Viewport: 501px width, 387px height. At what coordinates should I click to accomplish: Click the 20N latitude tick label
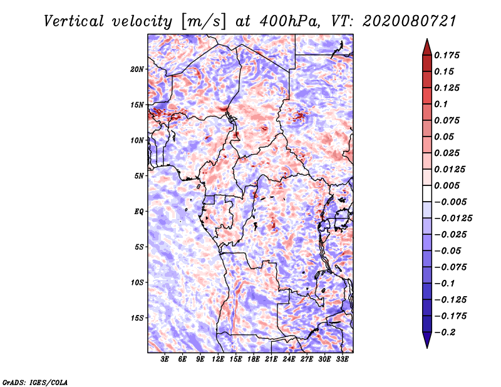(x=137, y=70)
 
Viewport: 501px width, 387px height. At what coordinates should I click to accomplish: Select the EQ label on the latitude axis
(x=139, y=212)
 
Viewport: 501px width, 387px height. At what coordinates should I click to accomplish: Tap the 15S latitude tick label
(x=137, y=318)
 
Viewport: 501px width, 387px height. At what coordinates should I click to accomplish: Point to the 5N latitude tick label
(x=139, y=176)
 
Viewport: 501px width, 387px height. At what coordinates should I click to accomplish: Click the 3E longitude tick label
(x=165, y=359)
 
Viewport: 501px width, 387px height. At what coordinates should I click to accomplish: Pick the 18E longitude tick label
(x=254, y=359)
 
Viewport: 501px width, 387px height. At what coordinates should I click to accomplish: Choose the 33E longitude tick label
(x=342, y=359)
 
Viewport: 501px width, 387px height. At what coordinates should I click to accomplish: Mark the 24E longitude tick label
(x=289, y=359)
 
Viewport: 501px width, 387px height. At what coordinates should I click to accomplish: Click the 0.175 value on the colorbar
(x=447, y=55)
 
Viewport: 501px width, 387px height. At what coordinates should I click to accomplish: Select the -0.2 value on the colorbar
(x=445, y=333)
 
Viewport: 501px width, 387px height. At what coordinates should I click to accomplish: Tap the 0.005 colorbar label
(x=447, y=185)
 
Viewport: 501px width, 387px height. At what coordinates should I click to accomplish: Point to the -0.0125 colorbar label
(x=453, y=219)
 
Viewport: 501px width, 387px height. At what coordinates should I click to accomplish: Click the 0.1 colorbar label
(x=441, y=104)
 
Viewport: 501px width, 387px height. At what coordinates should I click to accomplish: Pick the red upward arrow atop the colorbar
(x=427, y=48)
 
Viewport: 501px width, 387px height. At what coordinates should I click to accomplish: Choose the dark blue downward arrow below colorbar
(x=427, y=340)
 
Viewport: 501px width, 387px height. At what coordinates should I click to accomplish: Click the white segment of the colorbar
(x=427, y=194)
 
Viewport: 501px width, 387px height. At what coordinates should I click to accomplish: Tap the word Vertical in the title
(x=74, y=21)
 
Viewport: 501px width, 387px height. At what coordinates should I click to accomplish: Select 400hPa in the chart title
(x=289, y=21)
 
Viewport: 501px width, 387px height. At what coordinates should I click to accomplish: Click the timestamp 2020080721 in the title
(x=410, y=21)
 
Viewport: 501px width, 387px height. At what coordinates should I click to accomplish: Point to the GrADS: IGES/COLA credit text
(x=35, y=383)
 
